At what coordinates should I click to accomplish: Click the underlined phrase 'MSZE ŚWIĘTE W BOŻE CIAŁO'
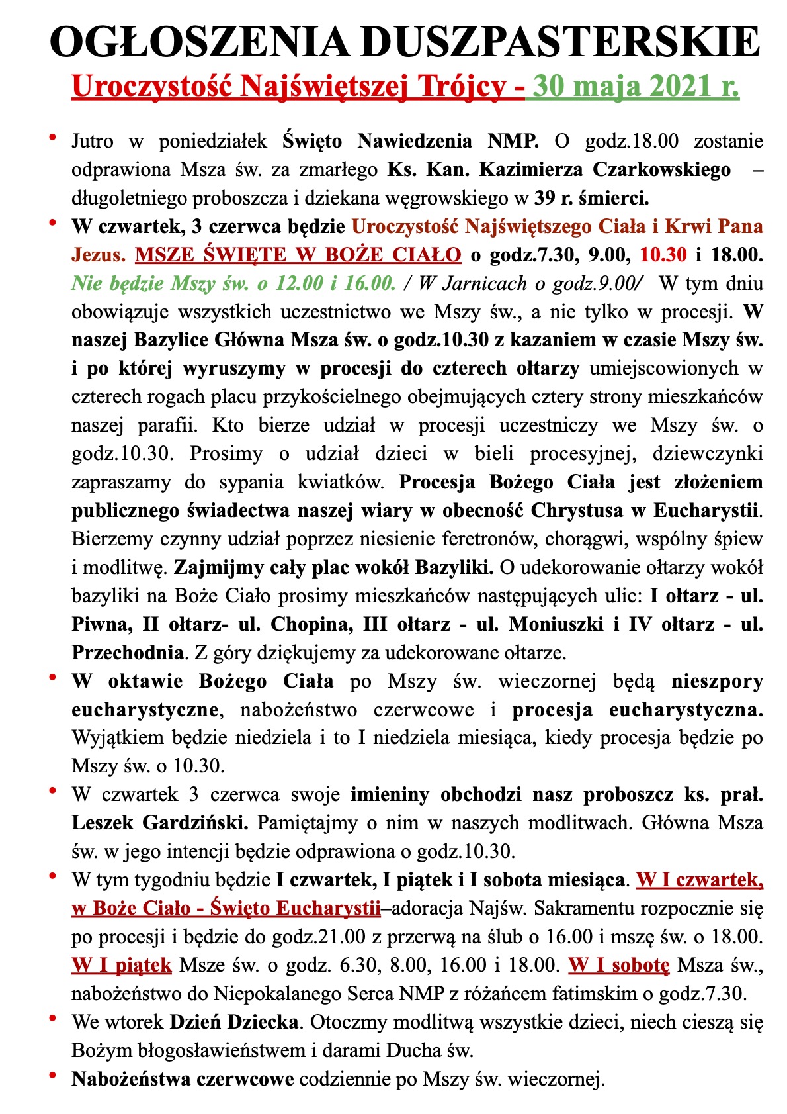298,255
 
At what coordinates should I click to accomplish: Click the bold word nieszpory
717,681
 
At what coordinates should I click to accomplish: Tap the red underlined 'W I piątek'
122,965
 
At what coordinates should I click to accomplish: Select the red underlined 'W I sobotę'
619,965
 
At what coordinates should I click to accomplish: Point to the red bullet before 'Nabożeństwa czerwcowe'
52,1076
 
